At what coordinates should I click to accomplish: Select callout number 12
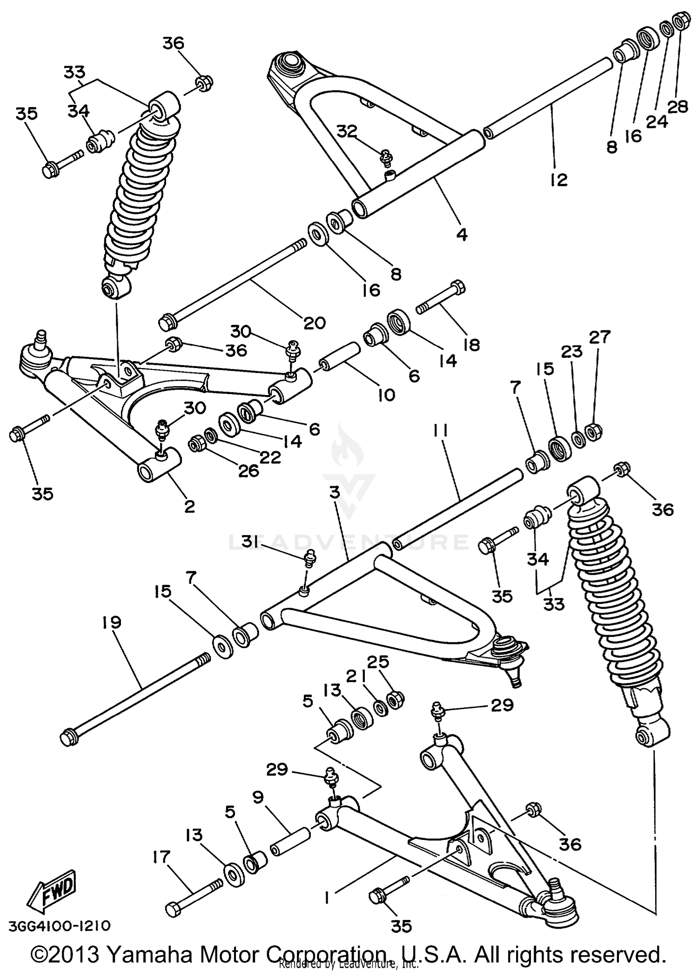558,180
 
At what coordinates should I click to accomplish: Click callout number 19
112,623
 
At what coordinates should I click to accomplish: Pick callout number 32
347,132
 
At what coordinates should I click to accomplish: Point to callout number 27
599,337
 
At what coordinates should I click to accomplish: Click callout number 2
189,506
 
